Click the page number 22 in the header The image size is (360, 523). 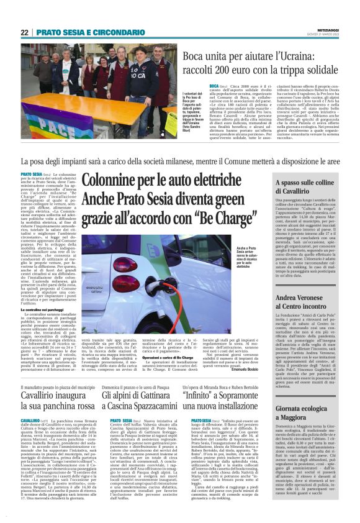(25, 32)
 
